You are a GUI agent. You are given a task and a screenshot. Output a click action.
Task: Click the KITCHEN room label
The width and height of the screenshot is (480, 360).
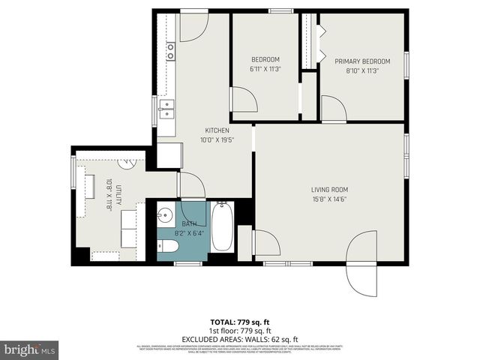(x=217, y=130)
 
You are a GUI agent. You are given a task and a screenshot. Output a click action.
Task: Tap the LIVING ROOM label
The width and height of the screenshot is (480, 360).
(x=330, y=190)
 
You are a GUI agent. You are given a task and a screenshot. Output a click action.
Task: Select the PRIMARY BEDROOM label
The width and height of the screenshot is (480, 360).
(x=362, y=61)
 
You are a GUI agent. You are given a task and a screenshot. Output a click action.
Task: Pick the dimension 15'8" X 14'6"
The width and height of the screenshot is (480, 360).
(x=330, y=199)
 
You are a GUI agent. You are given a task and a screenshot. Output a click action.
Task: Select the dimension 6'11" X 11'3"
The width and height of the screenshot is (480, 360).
(x=265, y=69)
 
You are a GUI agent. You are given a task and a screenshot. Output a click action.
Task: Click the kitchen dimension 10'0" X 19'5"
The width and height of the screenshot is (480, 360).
(x=217, y=139)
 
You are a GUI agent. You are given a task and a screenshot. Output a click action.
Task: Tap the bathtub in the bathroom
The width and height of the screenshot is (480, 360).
(x=222, y=227)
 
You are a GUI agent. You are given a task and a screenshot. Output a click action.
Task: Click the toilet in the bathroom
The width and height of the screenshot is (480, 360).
(x=168, y=246)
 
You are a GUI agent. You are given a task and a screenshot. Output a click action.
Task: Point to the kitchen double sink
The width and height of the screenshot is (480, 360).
(x=166, y=109)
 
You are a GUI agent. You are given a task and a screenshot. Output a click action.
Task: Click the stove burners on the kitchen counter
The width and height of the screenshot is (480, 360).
(x=170, y=51)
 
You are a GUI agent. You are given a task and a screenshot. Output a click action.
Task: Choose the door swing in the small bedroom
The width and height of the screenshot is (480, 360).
(x=243, y=100)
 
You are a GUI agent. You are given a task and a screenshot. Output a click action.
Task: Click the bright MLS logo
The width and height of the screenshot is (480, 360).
(x=30, y=349)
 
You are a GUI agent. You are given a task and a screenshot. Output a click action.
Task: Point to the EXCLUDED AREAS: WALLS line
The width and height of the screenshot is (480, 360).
(x=240, y=338)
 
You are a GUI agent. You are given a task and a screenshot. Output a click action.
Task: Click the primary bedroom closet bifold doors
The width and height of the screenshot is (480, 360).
(x=321, y=43)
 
